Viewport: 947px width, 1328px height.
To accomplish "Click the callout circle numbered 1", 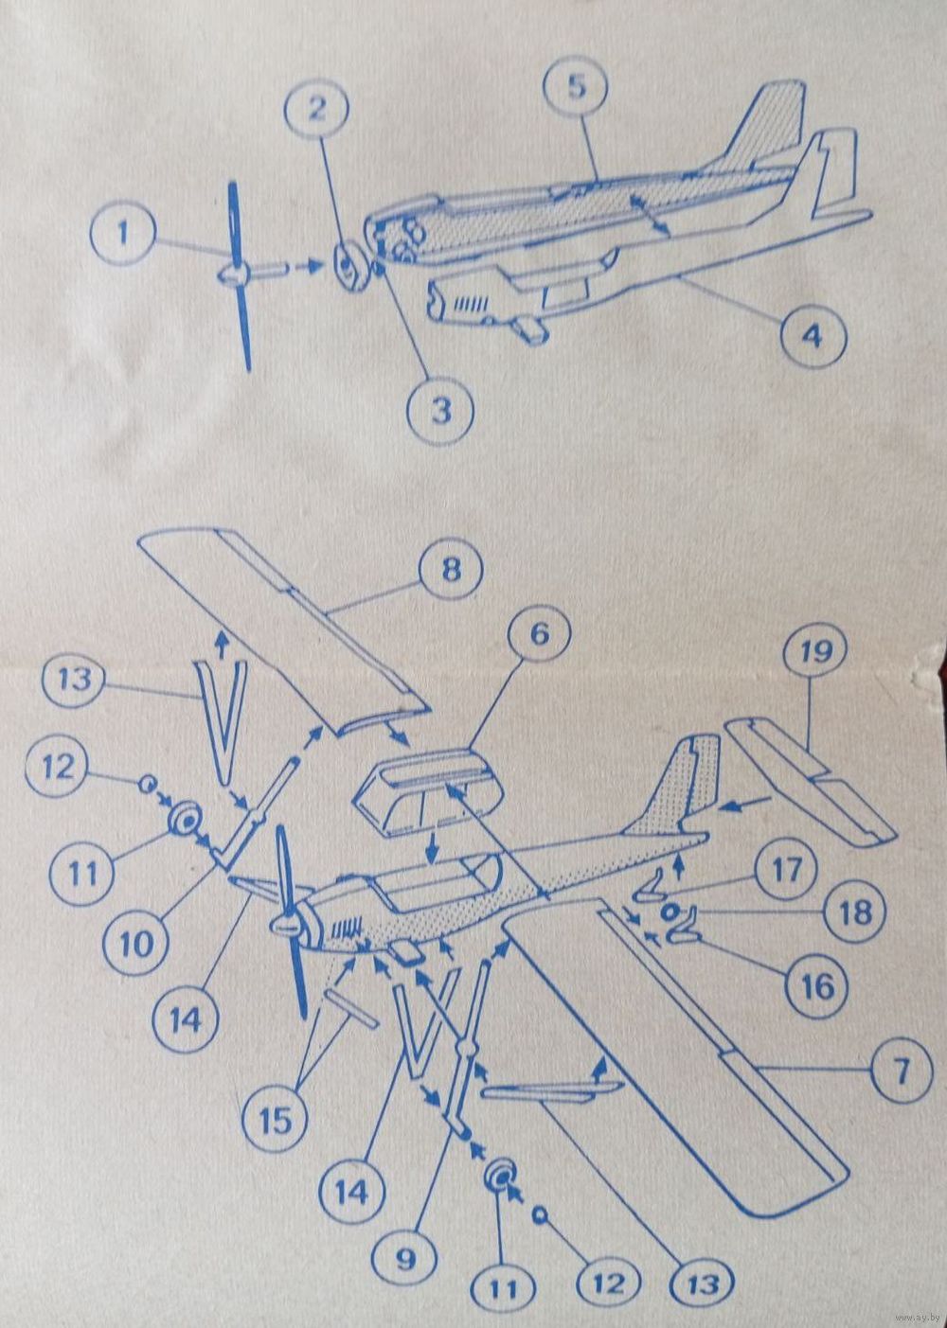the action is coord(123,233).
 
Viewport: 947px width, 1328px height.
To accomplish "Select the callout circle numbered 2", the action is coord(317,110).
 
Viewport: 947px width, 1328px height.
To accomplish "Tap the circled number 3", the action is coord(441,411).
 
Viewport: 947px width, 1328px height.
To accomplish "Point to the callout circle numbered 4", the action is coord(813,337).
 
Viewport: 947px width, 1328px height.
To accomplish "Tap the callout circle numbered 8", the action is coord(451,572).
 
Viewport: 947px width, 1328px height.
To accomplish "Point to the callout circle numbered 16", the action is coord(817,986).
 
